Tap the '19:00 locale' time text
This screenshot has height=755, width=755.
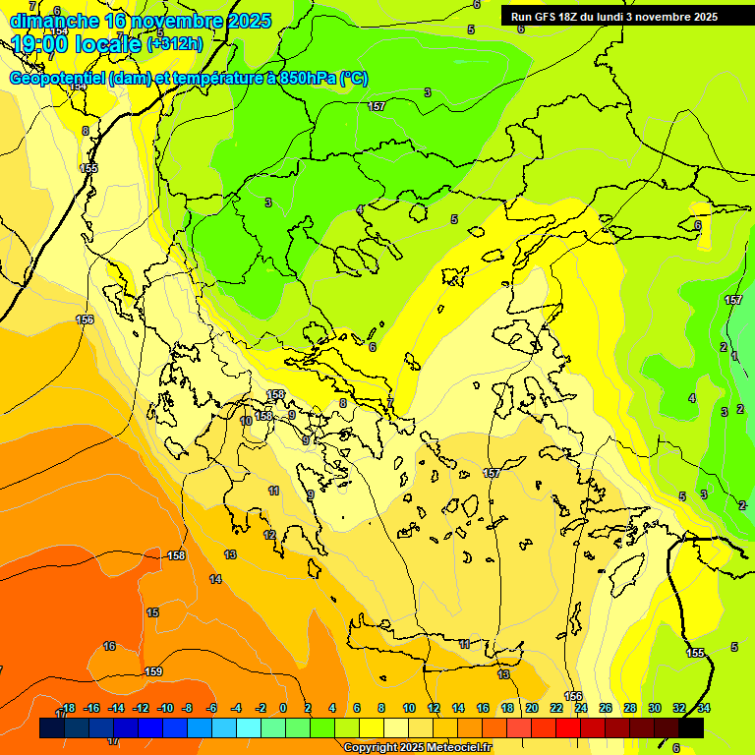tap(77, 43)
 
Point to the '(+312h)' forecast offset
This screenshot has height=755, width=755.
tap(174, 43)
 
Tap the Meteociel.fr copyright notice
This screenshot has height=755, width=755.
tap(417, 748)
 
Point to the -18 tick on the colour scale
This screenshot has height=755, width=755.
tap(67, 708)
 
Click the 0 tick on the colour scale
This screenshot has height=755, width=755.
tap(283, 708)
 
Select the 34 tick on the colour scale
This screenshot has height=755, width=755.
tap(704, 708)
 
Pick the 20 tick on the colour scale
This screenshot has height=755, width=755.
tap(532, 708)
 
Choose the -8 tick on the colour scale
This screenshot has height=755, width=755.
tap(187, 708)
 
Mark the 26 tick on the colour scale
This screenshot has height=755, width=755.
tap(605, 708)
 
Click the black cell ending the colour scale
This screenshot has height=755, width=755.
tap(691, 727)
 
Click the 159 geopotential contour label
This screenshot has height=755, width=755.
tap(153, 671)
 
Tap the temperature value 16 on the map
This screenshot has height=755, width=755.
tap(109, 646)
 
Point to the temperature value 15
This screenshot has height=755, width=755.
tap(152, 612)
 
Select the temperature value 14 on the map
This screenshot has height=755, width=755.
tap(215, 579)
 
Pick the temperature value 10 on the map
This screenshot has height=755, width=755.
tap(246, 421)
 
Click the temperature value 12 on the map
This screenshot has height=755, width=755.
tap(269, 535)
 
